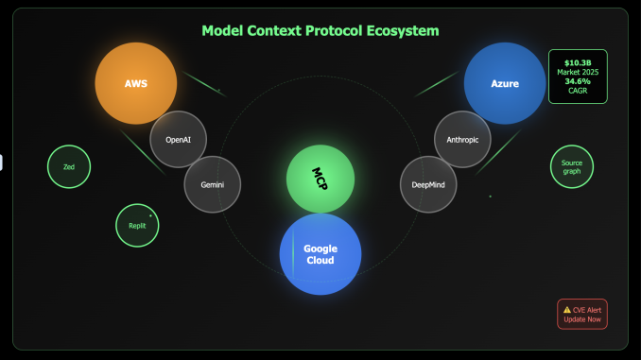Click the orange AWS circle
(x=136, y=83)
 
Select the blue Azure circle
(x=505, y=83)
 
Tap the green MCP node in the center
(x=320, y=180)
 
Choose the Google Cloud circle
(x=320, y=254)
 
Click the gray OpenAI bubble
(x=178, y=139)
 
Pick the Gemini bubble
(x=213, y=184)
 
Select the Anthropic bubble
(x=462, y=139)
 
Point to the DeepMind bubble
(x=428, y=184)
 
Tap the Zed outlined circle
(x=69, y=166)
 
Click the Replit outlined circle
(x=138, y=225)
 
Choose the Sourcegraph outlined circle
(x=572, y=166)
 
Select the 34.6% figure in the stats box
(x=577, y=82)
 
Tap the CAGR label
(x=577, y=92)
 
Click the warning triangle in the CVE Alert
(x=567, y=309)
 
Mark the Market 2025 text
(x=577, y=72)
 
